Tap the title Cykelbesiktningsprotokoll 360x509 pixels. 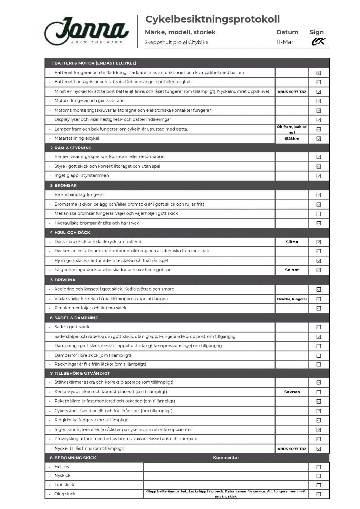tap(212, 19)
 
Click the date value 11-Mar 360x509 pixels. tap(285, 42)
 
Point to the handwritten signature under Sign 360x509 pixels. tap(318, 42)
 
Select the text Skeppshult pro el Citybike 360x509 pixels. tap(176, 42)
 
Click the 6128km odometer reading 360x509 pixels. tap(292, 139)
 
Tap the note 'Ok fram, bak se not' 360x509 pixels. tap(292, 129)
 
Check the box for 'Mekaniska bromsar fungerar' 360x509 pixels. tap(319, 214)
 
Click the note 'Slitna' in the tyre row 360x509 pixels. tap(292, 242)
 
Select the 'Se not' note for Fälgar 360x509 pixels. tap(292, 270)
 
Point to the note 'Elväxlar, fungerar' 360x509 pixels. tap(292, 299)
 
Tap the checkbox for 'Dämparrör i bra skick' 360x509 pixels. tap(319, 356)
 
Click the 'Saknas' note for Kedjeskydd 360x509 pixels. tap(292, 392)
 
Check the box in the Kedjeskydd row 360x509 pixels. tap(319, 392)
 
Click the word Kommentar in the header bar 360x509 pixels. tap(226, 458)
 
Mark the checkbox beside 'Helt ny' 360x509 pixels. tap(319, 467)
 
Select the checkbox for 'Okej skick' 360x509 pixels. tap(319, 494)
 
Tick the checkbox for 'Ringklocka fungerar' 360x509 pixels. tap(319, 420)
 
